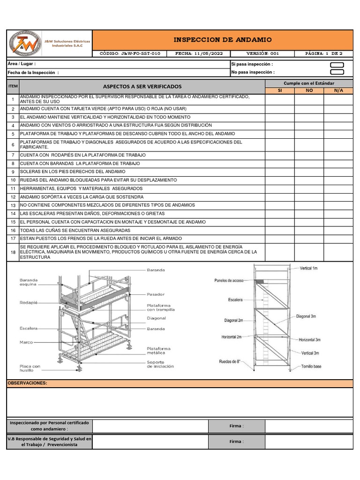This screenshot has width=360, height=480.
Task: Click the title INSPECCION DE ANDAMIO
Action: (222, 40)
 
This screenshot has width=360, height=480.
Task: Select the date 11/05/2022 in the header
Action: (199, 53)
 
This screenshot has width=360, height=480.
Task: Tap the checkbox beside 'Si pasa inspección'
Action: (337, 65)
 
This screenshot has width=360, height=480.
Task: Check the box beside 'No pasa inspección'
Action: (337, 72)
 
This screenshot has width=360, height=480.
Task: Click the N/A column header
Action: (338, 90)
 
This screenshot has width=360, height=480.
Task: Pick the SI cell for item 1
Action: (280, 99)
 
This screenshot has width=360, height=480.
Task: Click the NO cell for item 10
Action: (309, 180)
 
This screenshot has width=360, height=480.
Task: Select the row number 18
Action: (13, 252)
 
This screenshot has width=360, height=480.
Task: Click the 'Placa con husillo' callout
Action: (30, 368)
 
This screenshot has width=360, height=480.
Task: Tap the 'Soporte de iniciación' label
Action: (160, 364)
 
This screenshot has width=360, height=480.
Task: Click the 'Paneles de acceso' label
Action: (229, 281)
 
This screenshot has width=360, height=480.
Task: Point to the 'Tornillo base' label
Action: (312, 366)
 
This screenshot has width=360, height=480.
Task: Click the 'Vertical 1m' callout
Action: (309, 268)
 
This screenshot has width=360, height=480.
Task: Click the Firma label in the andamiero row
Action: (236, 426)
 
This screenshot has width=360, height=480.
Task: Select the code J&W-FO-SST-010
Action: (130, 53)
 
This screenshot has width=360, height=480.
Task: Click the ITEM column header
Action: (13, 86)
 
